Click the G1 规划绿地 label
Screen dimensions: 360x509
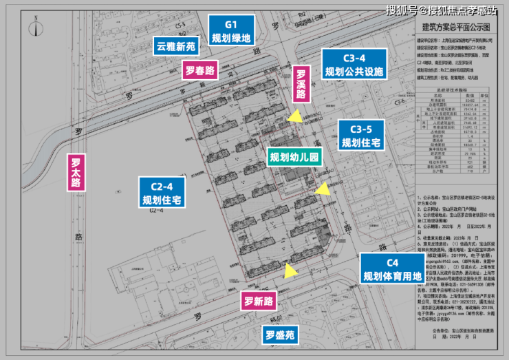230,30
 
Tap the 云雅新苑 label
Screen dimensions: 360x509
176,47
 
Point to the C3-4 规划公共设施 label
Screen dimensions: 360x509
355,64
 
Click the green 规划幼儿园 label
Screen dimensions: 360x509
294,158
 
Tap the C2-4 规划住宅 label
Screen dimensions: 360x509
162,193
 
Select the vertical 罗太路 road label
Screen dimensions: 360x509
76,173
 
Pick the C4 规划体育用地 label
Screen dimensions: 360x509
392,271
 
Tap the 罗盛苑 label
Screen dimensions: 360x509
280,336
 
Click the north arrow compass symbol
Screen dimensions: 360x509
34,28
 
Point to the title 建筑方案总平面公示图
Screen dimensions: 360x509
455,27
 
